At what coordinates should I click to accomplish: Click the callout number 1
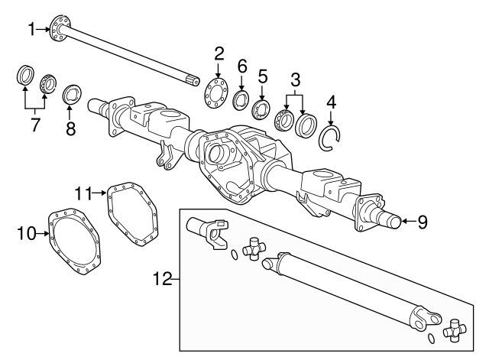(x=31, y=30)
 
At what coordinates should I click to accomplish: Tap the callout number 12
(x=163, y=278)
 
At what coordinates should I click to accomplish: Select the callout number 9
(x=423, y=222)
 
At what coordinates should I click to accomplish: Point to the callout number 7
(x=35, y=125)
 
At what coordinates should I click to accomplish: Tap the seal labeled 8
(x=73, y=95)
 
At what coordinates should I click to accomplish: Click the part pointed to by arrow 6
(x=241, y=100)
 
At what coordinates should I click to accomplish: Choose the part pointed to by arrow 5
(x=261, y=109)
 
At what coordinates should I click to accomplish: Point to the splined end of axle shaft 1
(x=193, y=80)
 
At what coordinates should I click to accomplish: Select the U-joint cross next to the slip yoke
(x=254, y=248)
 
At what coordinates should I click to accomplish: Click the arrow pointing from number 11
(x=99, y=193)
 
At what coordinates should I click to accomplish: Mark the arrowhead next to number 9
(x=403, y=222)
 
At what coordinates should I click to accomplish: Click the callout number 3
(x=296, y=79)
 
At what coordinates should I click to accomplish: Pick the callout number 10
(x=27, y=233)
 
